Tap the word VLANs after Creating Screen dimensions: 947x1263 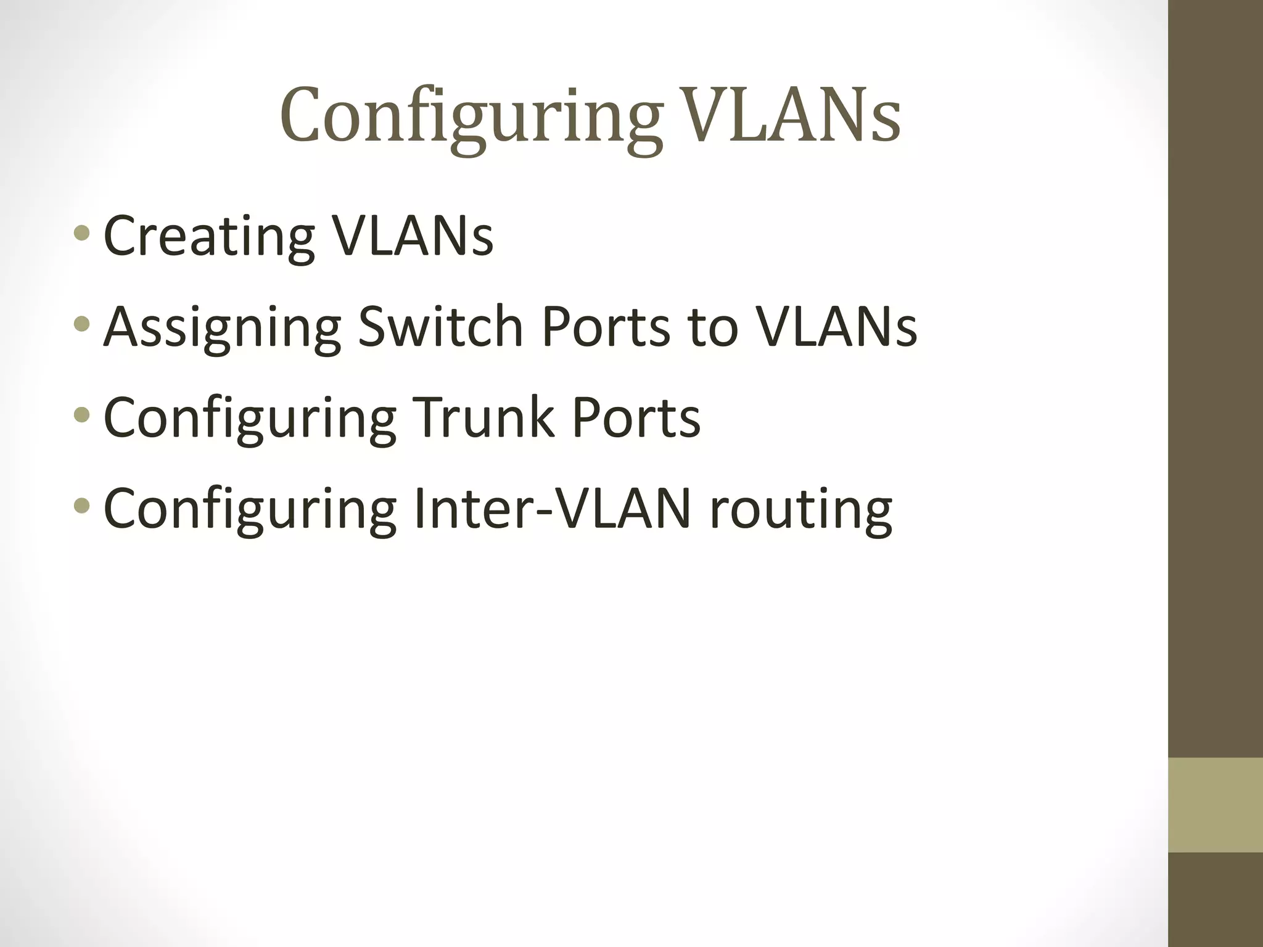(413, 236)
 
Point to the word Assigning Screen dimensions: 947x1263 (222, 327)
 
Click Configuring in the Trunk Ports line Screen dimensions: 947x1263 (250, 418)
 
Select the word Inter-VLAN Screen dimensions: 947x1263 (552, 508)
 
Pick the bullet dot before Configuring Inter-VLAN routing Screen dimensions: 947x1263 (81, 506)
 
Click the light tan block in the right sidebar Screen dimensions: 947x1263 (1215, 805)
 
